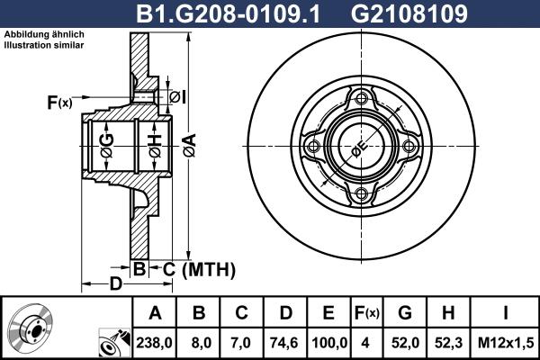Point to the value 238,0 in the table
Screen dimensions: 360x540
point(156,342)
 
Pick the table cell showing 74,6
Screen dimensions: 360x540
point(285,342)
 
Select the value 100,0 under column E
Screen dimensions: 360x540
point(328,342)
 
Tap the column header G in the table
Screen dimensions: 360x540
point(406,313)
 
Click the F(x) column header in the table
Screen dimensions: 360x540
point(367,313)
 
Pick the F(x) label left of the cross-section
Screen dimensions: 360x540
point(59,103)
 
